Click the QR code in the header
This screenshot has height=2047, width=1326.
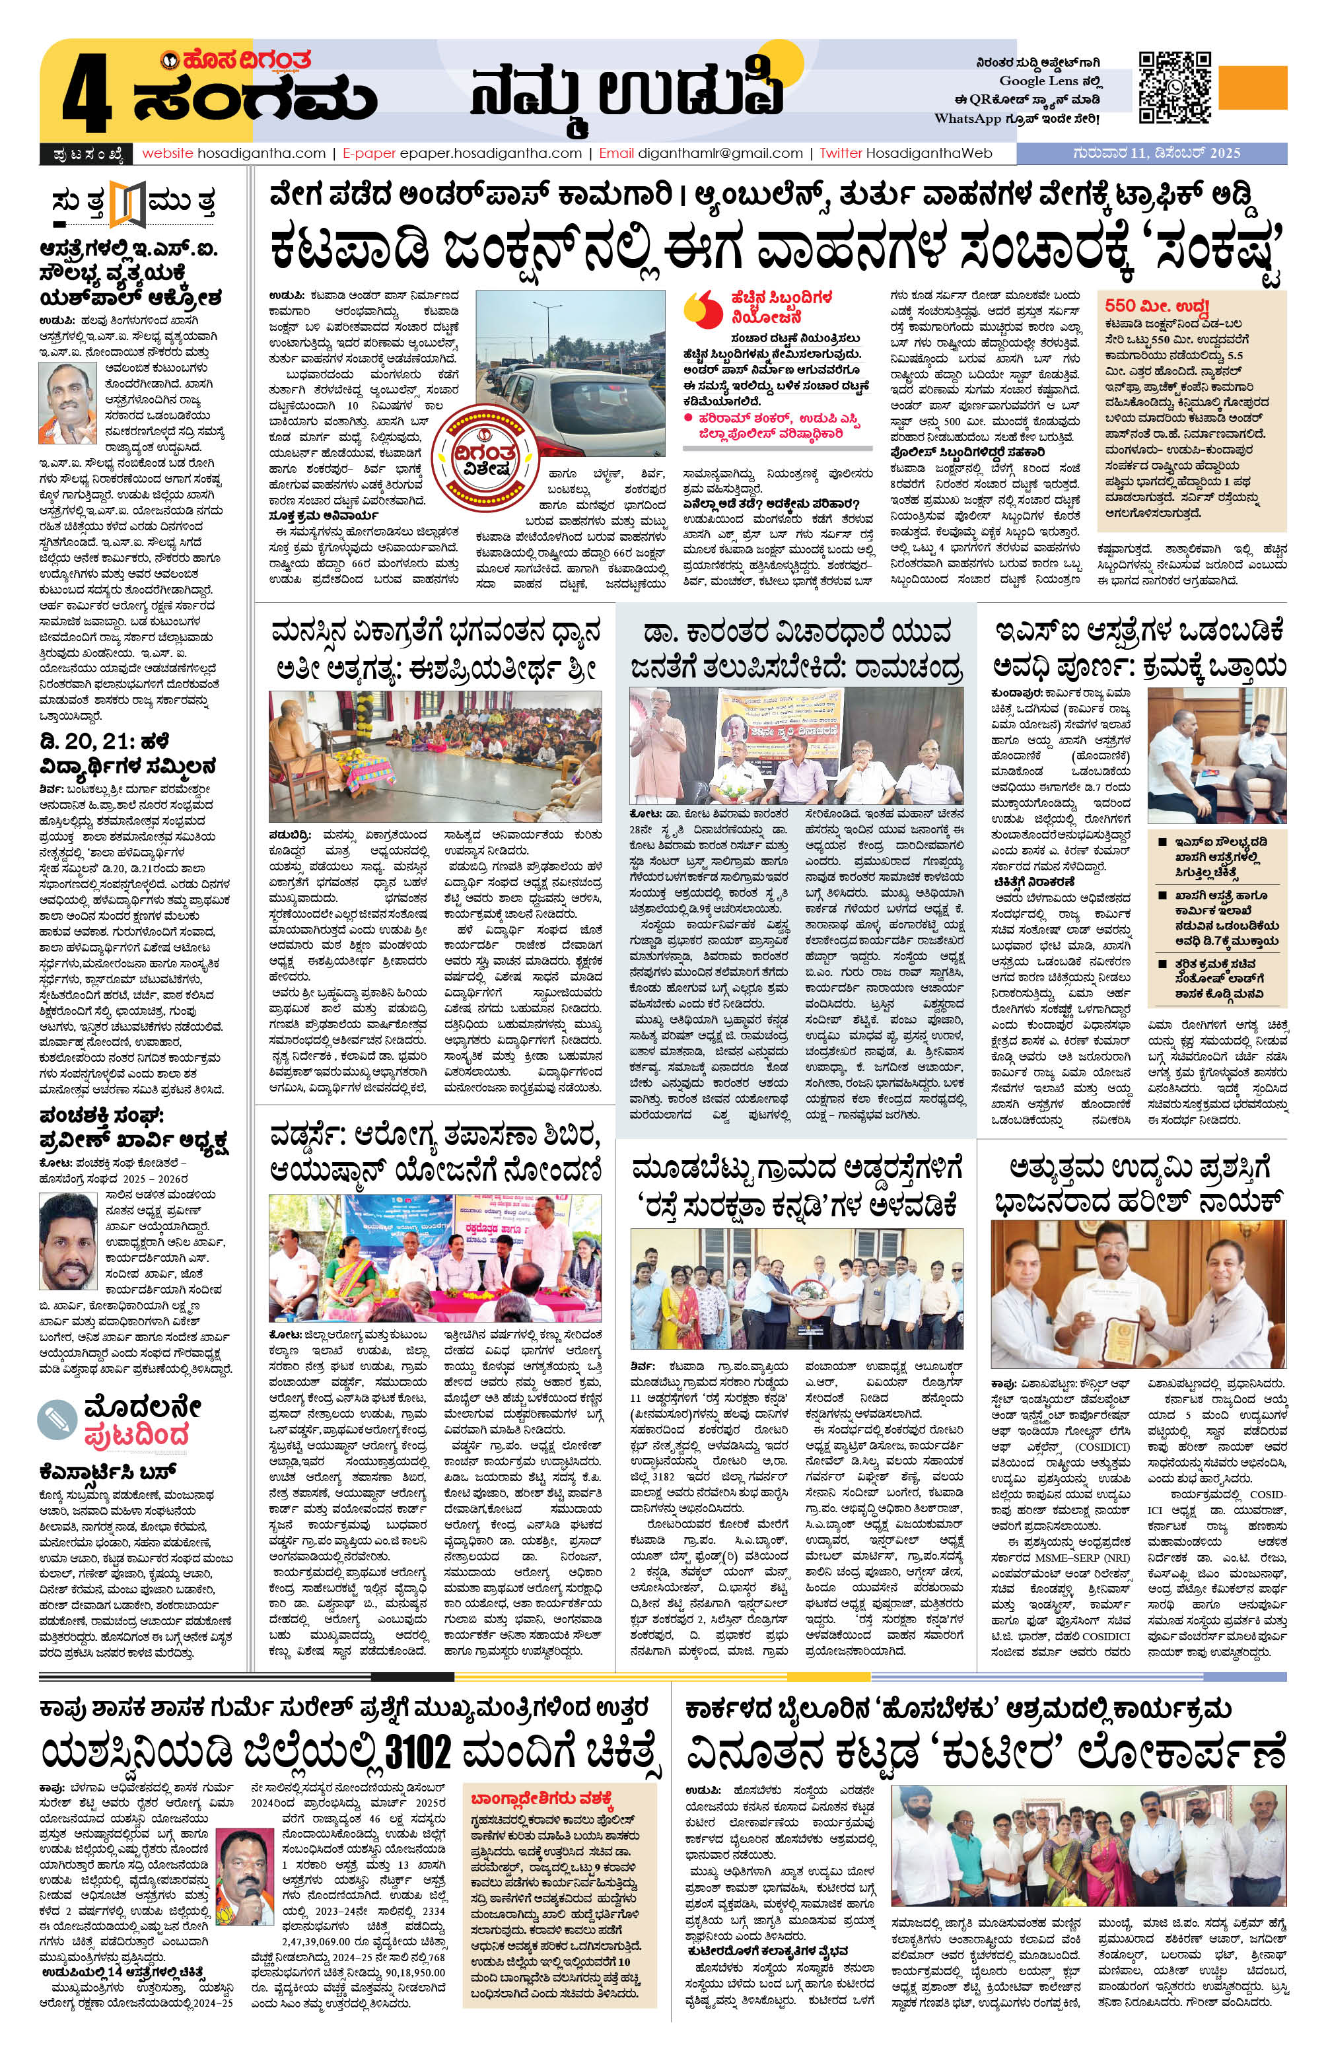coord(1175,87)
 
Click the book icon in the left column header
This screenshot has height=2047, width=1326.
coord(129,203)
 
